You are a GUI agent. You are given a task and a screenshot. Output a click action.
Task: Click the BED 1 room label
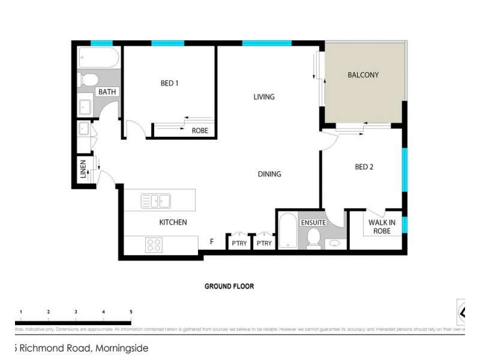pyautogui.click(x=169, y=83)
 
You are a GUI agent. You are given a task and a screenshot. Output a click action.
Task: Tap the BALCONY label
pyautogui.click(x=363, y=75)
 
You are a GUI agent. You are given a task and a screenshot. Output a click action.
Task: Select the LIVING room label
pyautogui.click(x=264, y=97)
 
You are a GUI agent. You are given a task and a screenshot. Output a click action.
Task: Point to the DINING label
pyautogui.click(x=269, y=174)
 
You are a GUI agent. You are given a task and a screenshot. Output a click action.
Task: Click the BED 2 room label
pyautogui.click(x=364, y=167)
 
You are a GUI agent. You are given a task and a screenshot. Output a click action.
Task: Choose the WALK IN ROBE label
pyautogui.click(x=382, y=227)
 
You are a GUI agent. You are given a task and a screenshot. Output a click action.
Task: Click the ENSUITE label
pyautogui.click(x=313, y=223)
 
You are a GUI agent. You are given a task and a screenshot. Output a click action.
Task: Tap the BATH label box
pyautogui.click(x=108, y=92)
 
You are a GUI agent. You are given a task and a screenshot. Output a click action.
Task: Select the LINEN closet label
pyautogui.click(x=83, y=169)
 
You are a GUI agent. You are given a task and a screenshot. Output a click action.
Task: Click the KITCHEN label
pyautogui.click(x=173, y=223)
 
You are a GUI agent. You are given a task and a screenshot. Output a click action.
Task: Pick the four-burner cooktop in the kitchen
pyautogui.click(x=154, y=245)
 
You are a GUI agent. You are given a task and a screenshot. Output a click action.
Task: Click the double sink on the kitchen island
pyautogui.click(x=156, y=200)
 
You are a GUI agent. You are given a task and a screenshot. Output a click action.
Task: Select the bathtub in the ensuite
pyautogui.click(x=287, y=232)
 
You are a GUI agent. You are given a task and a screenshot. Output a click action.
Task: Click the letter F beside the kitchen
pyautogui.click(x=211, y=242)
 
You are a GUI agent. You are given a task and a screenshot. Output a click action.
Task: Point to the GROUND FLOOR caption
pyautogui.click(x=229, y=286)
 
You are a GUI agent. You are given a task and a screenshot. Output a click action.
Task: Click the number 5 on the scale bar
pyautogui.click(x=131, y=312)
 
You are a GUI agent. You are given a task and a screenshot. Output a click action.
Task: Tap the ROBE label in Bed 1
pyautogui.click(x=200, y=131)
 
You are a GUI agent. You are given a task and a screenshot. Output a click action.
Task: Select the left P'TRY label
pyautogui.click(x=238, y=243)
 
